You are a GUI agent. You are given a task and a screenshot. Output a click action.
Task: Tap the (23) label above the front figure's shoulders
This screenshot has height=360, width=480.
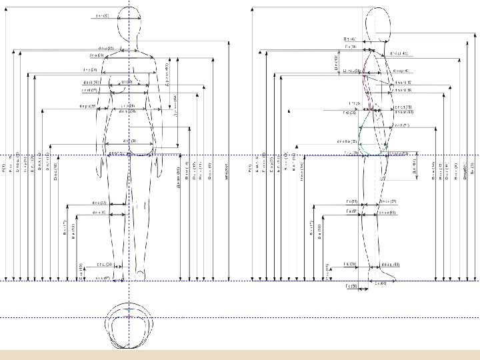(x=106, y=48)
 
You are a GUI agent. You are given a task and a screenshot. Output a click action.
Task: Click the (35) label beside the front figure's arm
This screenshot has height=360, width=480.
(x=87, y=106)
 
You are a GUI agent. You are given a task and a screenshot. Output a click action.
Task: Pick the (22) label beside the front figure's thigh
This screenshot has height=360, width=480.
(x=99, y=203)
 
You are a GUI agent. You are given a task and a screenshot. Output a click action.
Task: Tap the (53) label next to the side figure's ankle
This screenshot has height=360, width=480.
(x=391, y=265)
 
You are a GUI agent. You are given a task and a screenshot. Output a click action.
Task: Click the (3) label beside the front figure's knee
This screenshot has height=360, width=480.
(x=99, y=213)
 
